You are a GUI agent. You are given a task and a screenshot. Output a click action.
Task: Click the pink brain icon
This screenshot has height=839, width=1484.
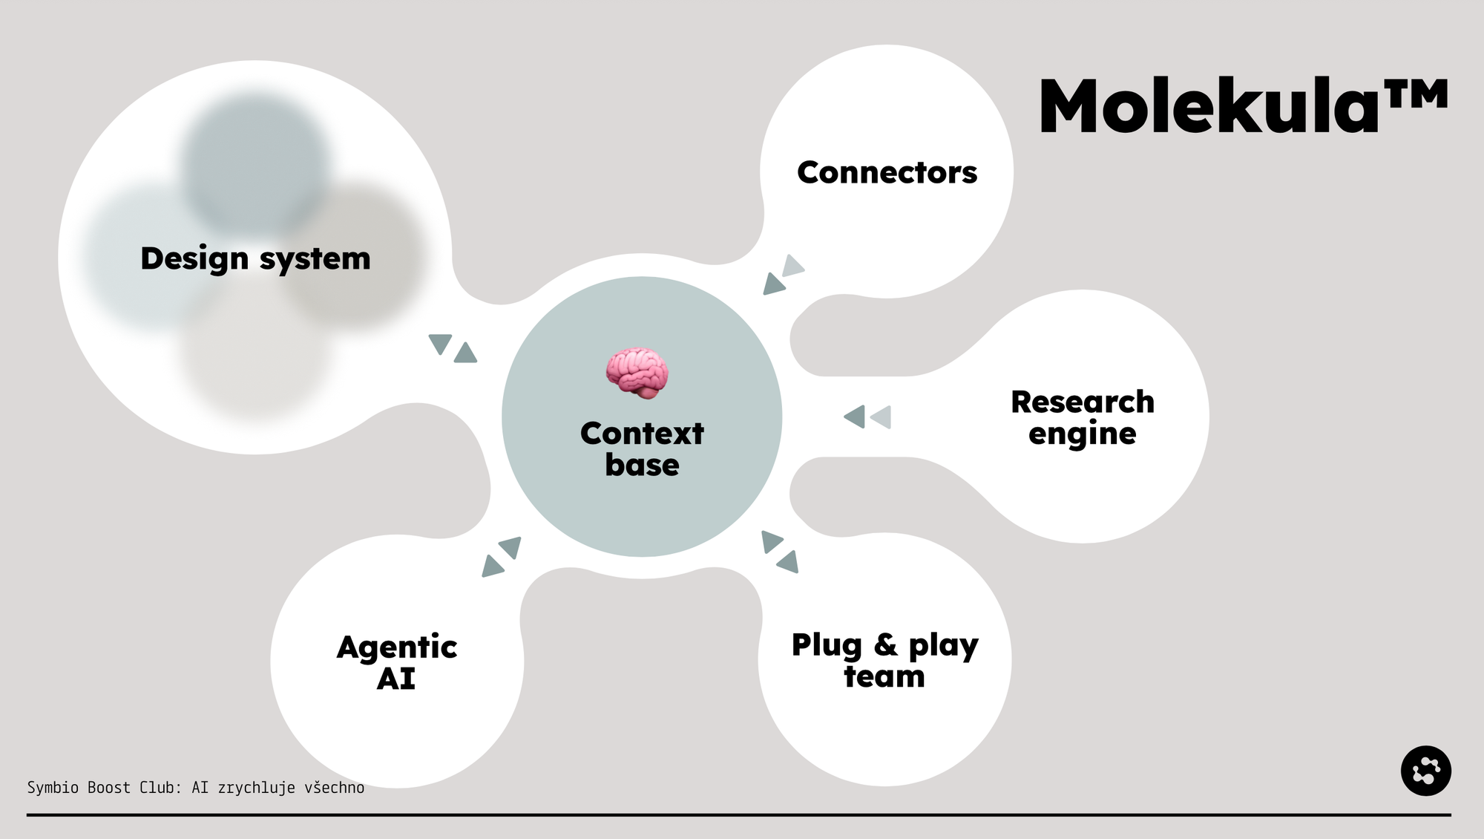click(x=637, y=373)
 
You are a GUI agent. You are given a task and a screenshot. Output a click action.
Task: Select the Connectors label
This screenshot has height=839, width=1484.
click(x=887, y=172)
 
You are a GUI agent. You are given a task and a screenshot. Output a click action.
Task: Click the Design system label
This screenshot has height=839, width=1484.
click(x=255, y=258)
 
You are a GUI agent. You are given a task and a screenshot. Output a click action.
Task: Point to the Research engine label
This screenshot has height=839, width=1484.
click(x=1083, y=417)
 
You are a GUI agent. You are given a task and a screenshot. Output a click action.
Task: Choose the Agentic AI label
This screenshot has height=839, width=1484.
click(x=397, y=662)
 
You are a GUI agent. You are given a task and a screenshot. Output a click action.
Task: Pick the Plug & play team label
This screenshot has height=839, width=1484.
click(x=884, y=660)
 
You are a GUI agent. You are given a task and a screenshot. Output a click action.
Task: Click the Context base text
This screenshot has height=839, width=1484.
click(x=642, y=448)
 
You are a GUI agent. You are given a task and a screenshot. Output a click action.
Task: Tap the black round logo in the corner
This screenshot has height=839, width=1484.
click(x=1425, y=771)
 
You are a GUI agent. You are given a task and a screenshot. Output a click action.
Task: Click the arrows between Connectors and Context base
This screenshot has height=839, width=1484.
click(x=784, y=275)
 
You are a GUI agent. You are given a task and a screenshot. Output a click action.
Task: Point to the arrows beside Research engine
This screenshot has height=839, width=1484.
click(x=867, y=417)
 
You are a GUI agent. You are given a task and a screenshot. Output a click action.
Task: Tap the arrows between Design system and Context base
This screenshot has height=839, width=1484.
click(x=453, y=347)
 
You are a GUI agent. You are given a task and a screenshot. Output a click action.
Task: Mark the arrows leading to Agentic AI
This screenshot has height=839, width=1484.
click(x=502, y=557)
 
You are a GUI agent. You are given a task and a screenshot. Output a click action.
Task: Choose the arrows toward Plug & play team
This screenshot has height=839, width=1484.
click(x=780, y=552)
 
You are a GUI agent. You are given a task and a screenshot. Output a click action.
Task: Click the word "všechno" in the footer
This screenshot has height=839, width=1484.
click(x=334, y=787)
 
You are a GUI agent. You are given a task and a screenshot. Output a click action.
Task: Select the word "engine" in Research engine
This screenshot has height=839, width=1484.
click(x=1082, y=434)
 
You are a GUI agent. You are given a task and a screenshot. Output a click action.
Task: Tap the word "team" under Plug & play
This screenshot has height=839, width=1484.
click(x=884, y=676)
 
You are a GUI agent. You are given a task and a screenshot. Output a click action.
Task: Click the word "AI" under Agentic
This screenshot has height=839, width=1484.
click(x=395, y=679)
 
